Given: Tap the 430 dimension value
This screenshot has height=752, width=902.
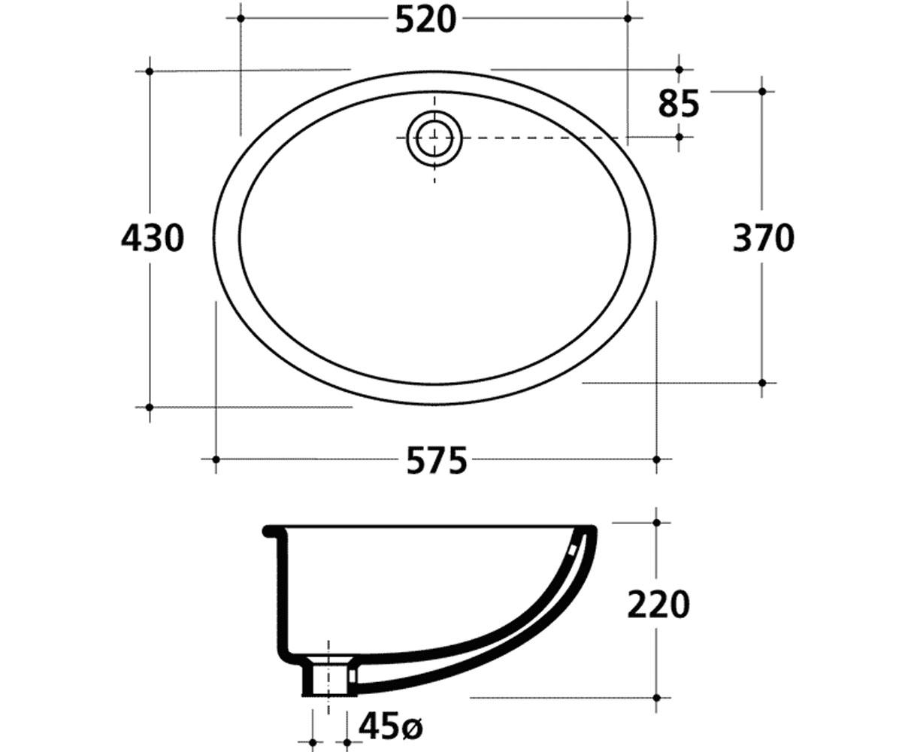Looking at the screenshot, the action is click(x=153, y=238).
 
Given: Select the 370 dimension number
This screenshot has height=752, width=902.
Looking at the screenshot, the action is click(x=764, y=238).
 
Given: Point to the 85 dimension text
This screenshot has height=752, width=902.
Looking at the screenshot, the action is click(x=679, y=105).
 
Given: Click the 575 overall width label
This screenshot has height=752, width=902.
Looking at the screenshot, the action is click(x=437, y=461).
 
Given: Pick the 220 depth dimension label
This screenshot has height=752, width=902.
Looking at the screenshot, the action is click(x=658, y=605).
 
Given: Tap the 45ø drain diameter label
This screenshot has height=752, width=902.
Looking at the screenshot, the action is click(x=391, y=726).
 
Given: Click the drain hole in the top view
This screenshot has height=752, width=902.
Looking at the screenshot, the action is click(x=434, y=139).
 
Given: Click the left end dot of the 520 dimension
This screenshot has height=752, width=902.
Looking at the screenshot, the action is click(x=241, y=19).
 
